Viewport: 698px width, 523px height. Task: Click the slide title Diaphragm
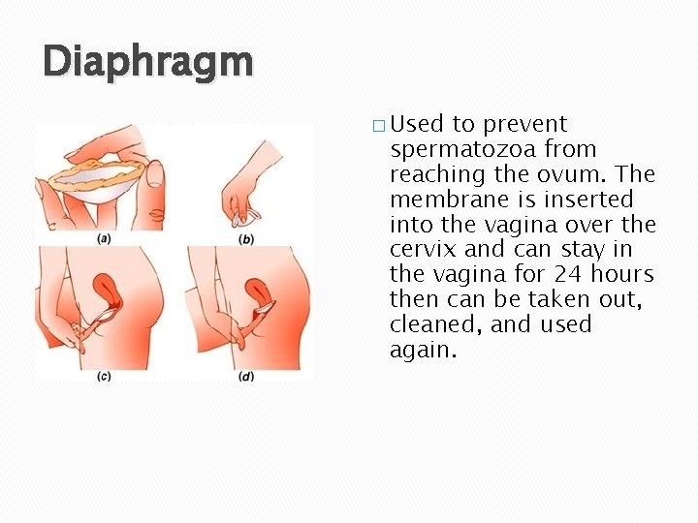[147, 62]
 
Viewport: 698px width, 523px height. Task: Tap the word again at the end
[422, 351]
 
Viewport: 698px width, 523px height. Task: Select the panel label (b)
[246, 238]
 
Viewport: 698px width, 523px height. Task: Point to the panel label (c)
[103, 375]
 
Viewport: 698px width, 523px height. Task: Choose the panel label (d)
[246, 375]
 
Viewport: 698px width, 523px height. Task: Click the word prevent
[524, 124]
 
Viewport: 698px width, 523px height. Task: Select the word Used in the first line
[417, 124]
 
